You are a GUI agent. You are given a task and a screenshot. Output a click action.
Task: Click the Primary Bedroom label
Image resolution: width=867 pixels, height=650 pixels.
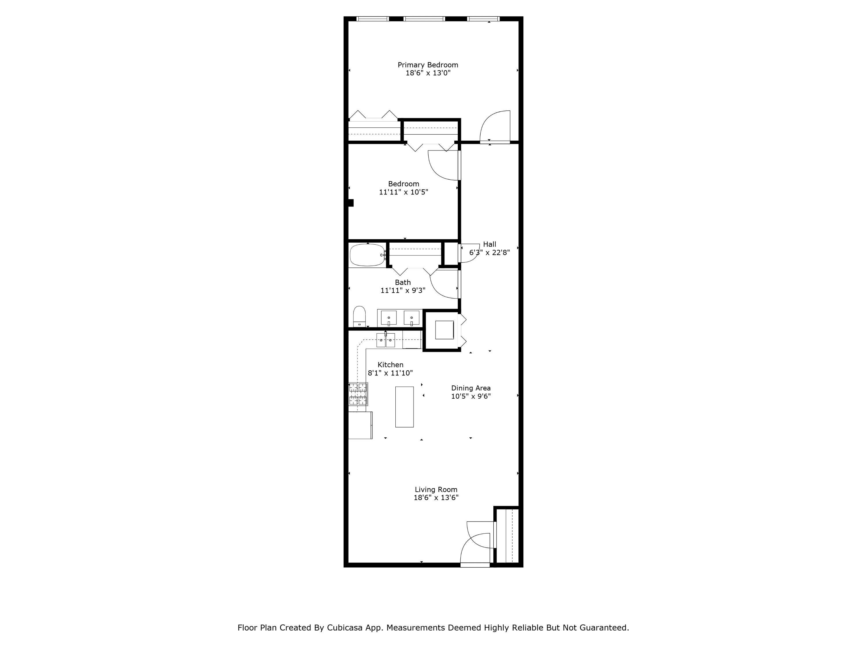coord(428,65)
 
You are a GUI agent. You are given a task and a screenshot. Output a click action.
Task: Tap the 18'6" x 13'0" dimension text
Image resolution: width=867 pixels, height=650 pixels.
coord(428,73)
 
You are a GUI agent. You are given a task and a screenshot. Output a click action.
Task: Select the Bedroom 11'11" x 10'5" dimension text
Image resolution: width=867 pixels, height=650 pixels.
coord(403,192)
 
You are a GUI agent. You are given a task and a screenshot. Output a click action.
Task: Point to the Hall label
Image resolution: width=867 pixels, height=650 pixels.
coord(490,244)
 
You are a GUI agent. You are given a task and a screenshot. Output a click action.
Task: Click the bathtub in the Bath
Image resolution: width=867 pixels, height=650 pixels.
coord(367,255)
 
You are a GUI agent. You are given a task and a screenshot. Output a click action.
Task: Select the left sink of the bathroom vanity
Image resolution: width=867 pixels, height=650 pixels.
coord(388,318)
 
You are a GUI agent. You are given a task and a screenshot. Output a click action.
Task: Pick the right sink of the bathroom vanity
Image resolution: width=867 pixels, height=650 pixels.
coord(412,318)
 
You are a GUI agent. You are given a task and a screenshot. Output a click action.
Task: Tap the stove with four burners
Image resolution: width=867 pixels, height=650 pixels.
coord(358,394)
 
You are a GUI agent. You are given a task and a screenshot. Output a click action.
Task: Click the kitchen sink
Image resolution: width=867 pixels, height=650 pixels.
coord(386,340)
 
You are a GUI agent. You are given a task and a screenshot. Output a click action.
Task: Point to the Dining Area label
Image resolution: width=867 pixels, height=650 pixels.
coord(471,388)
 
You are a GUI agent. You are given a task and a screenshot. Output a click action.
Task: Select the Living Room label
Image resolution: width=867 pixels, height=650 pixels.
coord(436,490)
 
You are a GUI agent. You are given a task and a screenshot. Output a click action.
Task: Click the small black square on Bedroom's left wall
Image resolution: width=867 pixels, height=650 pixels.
coord(351,203)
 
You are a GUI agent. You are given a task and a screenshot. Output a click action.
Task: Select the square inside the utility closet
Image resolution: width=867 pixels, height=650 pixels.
coord(444,330)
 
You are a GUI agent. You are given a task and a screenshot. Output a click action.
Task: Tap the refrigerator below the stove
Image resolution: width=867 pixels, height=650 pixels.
coord(360,425)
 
